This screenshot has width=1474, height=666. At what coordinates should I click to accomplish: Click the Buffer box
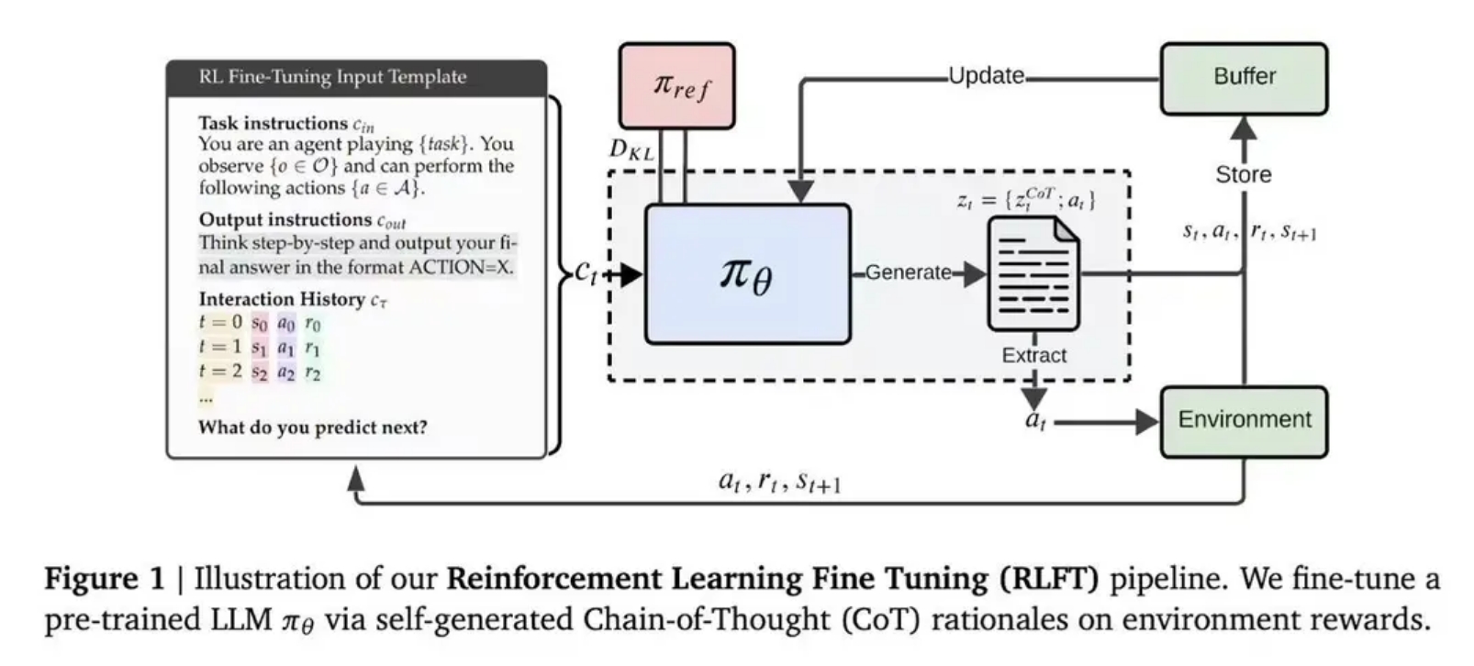[1244, 79]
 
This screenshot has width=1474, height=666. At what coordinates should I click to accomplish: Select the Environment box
[1244, 421]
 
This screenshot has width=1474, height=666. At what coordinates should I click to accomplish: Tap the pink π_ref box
[677, 86]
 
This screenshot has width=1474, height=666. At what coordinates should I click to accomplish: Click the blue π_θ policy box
[747, 274]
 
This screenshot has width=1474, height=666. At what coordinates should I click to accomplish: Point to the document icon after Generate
[1033, 273]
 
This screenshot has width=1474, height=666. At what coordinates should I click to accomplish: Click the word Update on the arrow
[987, 76]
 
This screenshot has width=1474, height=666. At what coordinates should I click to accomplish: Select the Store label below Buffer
[1243, 175]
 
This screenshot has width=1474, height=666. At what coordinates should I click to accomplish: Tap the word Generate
[908, 272]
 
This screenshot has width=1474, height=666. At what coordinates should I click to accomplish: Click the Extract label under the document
[1033, 355]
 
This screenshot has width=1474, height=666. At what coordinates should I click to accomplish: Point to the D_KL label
[631, 150]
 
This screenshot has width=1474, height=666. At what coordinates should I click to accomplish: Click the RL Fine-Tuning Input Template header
[332, 77]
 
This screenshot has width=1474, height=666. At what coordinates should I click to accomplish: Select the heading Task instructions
[274, 123]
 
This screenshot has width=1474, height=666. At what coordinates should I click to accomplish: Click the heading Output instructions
[285, 219]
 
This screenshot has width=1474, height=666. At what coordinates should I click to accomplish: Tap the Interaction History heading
[282, 299]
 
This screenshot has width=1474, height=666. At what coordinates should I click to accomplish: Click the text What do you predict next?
[313, 427]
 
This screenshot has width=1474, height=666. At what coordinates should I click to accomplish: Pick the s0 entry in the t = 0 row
[260, 324]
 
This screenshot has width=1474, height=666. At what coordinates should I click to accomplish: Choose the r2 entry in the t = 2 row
[313, 373]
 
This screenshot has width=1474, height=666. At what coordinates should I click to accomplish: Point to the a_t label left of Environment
[1036, 420]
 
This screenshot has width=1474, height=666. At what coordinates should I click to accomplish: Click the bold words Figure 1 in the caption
[104, 579]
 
